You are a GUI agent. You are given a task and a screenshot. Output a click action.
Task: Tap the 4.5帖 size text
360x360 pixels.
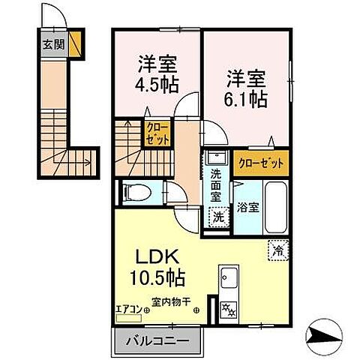[x=157, y=84]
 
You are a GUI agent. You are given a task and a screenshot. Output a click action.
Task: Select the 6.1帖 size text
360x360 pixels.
[x=247, y=97]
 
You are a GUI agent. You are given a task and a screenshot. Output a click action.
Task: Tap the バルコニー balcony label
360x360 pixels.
[x=157, y=341]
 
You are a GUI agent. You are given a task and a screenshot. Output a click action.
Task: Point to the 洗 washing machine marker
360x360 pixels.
[x=216, y=216]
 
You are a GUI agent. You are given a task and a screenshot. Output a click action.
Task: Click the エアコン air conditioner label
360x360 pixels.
[x=130, y=304]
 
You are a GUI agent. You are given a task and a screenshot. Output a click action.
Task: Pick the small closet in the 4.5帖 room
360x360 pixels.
[x=157, y=134]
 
